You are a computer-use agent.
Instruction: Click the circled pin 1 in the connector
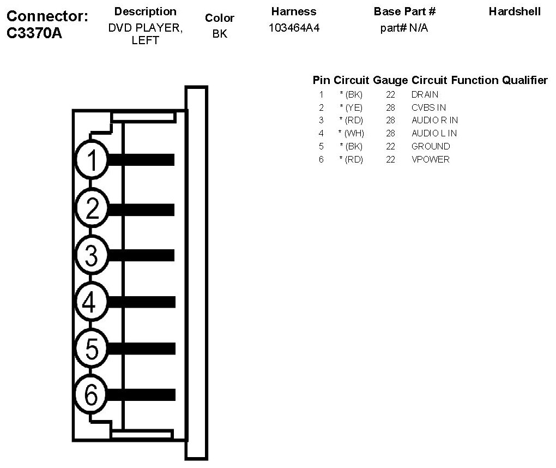point(92,160)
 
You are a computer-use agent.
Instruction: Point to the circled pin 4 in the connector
point(92,302)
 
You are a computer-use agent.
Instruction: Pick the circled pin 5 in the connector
point(92,348)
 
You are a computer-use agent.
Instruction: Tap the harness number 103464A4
point(294,28)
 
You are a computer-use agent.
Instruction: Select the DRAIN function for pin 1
point(425,94)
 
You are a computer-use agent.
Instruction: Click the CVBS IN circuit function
point(428,107)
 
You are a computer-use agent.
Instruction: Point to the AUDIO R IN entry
point(434,120)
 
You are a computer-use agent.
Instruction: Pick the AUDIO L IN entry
point(434,133)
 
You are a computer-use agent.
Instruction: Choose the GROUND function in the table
point(431,146)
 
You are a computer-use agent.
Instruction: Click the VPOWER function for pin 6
point(431,159)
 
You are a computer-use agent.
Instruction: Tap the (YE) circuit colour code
point(353,107)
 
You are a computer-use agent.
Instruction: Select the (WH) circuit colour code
point(353,133)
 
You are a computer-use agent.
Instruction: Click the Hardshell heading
point(515,11)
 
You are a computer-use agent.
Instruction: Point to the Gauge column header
point(390,81)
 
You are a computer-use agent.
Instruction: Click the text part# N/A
point(404,28)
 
